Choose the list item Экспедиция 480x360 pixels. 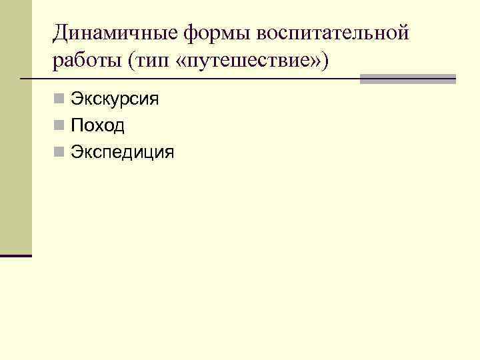(x=122, y=153)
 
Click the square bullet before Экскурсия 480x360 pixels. (x=60, y=100)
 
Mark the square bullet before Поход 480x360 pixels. (x=60, y=126)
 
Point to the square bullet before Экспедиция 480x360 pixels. (x=60, y=153)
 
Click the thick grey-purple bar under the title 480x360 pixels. (x=407, y=79)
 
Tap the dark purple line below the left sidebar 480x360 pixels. (x=16, y=255)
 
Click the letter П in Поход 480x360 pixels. (x=77, y=126)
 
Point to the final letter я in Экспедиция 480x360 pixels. (x=169, y=153)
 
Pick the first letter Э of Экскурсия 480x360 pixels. (x=76, y=100)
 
